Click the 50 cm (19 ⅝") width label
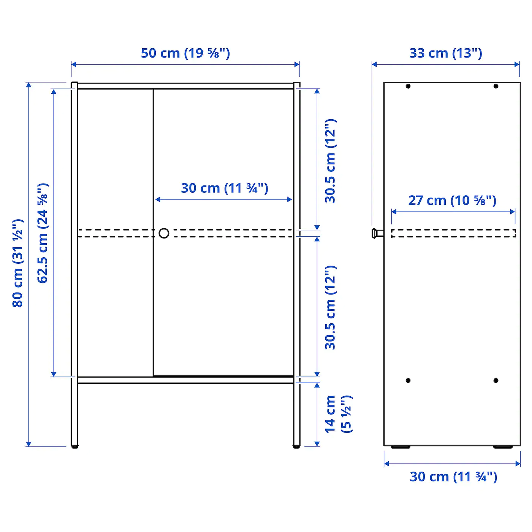(185, 53)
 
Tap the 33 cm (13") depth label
(446, 53)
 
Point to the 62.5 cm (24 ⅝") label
(43, 233)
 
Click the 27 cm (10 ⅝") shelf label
(452, 200)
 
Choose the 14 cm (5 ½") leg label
(338, 414)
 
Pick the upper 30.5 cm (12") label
(330, 161)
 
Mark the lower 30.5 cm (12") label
(330, 307)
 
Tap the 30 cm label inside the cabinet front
(225, 188)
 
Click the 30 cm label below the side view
(453, 477)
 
